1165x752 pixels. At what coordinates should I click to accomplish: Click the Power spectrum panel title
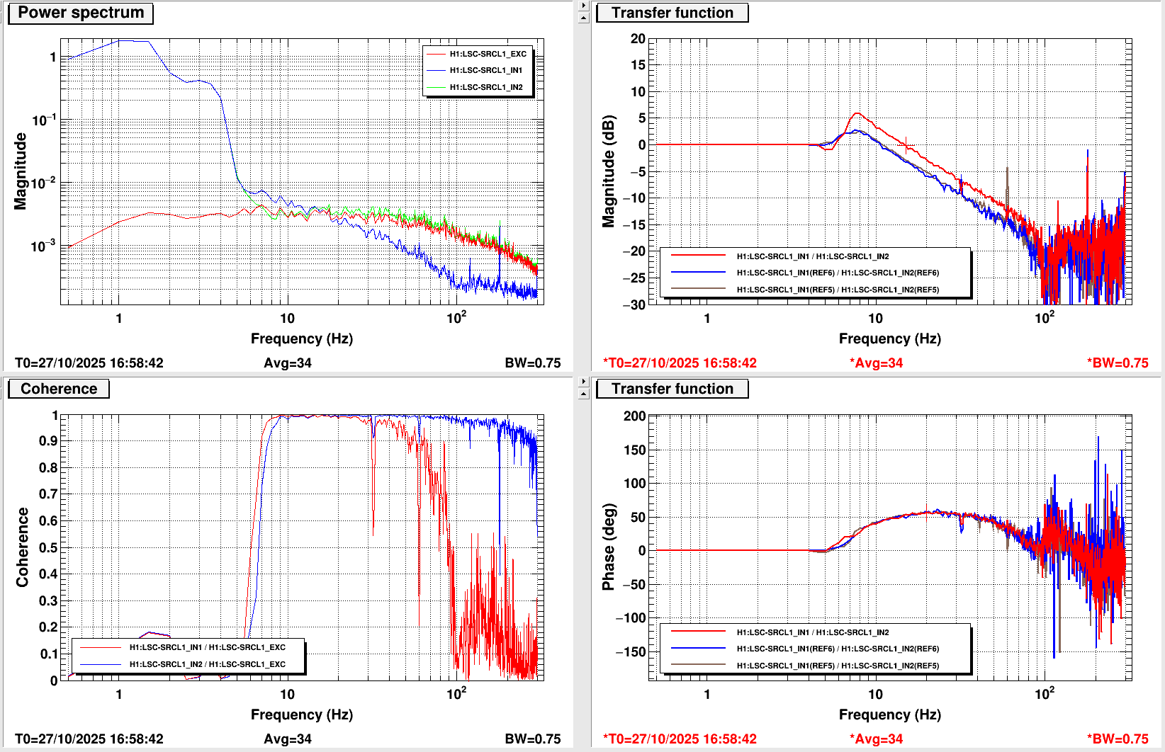[x=81, y=13]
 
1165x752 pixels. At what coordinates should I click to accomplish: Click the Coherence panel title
[x=59, y=389]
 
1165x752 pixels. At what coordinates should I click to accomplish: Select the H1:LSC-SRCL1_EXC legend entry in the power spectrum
[x=488, y=54]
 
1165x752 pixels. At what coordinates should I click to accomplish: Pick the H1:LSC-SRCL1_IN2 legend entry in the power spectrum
[x=486, y=87]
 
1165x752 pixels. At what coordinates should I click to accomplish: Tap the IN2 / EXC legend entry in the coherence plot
[x=207, y=664]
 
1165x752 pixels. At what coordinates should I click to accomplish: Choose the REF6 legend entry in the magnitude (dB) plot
[x=837, y=273]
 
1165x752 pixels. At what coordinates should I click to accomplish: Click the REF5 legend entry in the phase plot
[x=837, y=666]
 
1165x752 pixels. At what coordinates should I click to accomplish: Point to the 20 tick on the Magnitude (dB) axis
[x=638, y=39]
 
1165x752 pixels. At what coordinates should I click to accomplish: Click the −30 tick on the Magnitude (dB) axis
[x=634, y=304]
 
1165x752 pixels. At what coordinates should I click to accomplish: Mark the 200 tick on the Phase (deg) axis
[x=635, y=416]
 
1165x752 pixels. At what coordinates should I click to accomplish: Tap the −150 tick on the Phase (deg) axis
[x=631, y=651]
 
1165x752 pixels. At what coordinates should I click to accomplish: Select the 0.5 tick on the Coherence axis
[x=48, y=547]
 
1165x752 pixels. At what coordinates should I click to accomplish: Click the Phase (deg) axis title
[x=608, y=547]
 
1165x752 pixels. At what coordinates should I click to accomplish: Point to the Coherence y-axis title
[x=22, y=547]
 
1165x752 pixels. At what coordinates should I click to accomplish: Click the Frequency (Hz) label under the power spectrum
[x=301, y=338]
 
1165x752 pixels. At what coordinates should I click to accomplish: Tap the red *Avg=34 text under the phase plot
[x=876, y=739]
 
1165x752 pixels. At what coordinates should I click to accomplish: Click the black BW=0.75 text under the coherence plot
[x=532, y=739]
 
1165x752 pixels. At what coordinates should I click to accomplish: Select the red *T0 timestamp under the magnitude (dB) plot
[x=680, y=363]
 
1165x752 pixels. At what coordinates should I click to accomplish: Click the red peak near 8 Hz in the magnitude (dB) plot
[x=857, y=113]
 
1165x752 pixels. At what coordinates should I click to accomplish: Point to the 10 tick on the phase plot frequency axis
[x=875, y=694]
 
